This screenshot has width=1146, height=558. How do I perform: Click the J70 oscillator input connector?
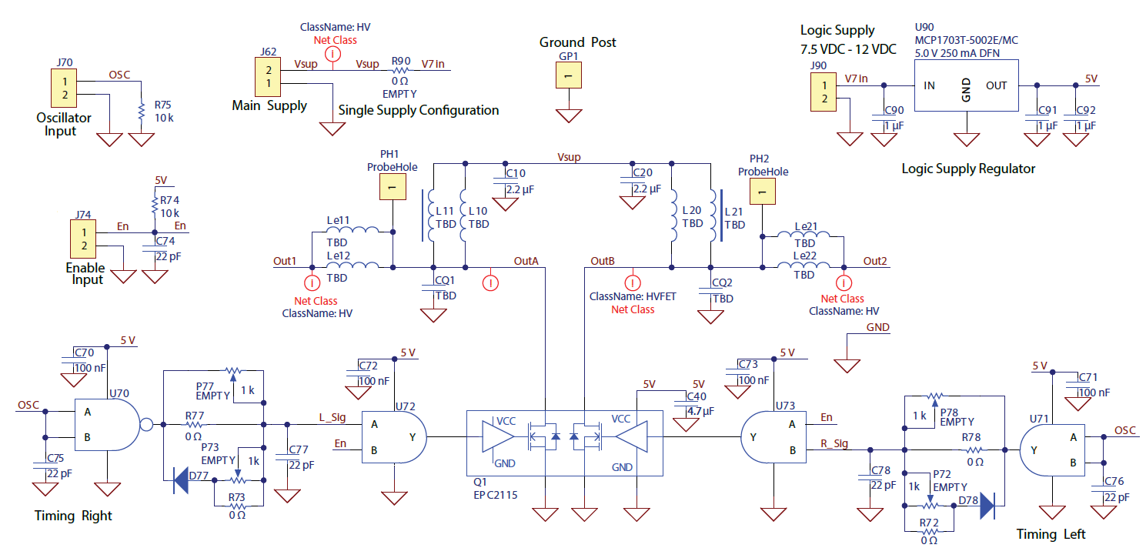point(65,88)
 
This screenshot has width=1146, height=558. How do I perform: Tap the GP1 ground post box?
point(568,75)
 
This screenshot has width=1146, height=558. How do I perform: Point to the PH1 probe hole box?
point(392,187)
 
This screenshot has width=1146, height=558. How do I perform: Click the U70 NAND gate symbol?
point(108,423)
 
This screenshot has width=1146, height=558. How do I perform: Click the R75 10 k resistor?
point(142,112)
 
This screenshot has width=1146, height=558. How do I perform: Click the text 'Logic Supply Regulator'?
point(968,169)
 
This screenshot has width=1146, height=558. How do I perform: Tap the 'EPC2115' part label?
point(496,496)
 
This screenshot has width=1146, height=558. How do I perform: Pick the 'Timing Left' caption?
point(1051,534)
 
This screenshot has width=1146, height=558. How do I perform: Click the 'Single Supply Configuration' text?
point(419,110)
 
